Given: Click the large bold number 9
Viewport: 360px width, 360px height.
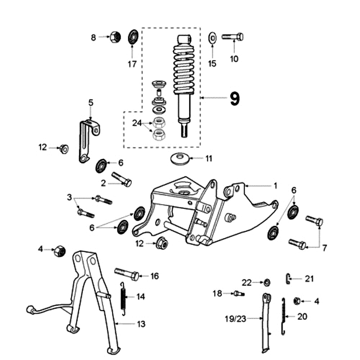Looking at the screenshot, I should click(x=234, y=99).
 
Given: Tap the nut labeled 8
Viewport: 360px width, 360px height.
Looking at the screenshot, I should click(x=114, y=36).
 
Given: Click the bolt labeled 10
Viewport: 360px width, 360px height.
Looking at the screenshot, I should click(x=233, y=36).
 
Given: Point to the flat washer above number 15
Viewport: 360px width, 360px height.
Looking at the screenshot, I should click(x=212, y=36).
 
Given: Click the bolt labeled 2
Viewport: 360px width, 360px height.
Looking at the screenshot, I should click(x=122, y=179).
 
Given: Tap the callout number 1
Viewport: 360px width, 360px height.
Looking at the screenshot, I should click(x=275, y=185).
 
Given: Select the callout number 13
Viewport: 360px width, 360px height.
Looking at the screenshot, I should click(x=141, y=324).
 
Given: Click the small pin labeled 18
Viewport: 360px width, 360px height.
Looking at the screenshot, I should click(x=238, y=293).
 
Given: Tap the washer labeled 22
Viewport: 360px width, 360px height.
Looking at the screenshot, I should click(x=266, y=283).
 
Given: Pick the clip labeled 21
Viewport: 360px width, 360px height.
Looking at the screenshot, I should click(x=288, y=279).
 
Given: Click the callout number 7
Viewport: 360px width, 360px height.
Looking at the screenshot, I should click(x=324, y=247).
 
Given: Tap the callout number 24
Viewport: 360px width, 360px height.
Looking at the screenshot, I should click(x=137, y=122).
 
